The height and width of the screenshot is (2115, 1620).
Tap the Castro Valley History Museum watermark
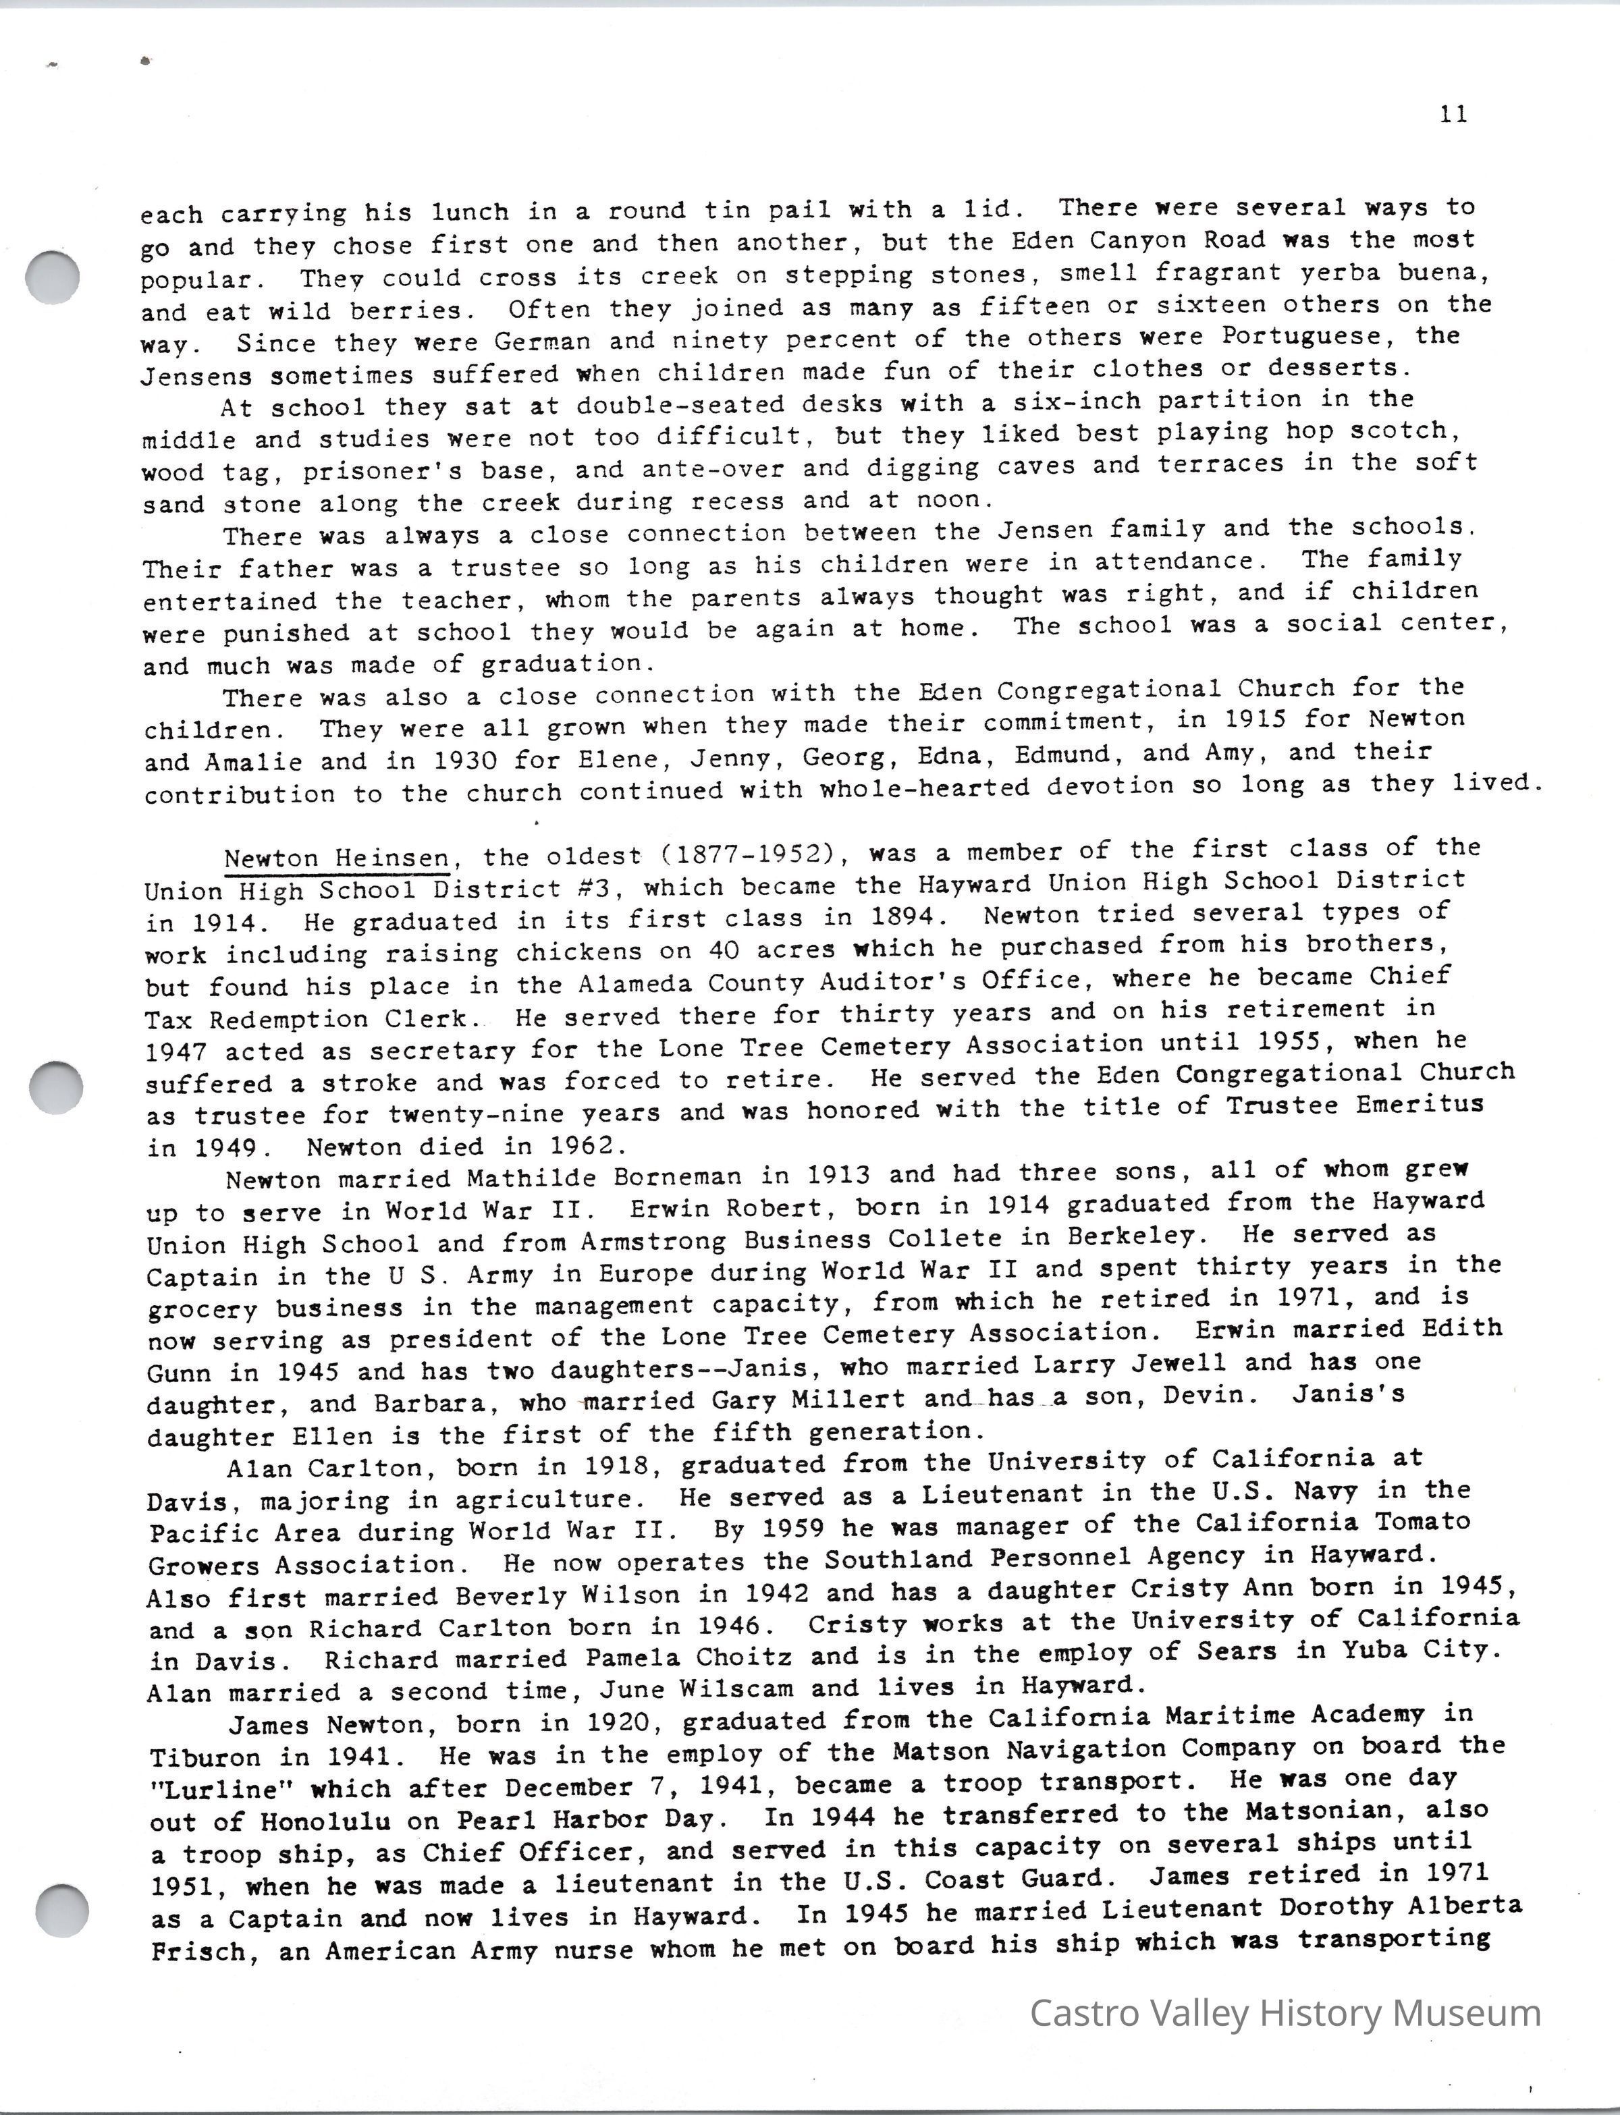pyautogui.click(x=1285, y=2013)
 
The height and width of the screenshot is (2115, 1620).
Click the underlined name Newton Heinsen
pyautogui.click(x=337, y=858)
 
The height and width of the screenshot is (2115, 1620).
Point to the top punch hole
pyautogui.click(x=51, y=276)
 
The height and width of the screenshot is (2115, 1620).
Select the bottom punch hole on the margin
pyautogui.click(x=61, y=1908)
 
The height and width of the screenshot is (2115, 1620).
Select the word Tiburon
pyautogui.click(x=205, y=1757)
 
